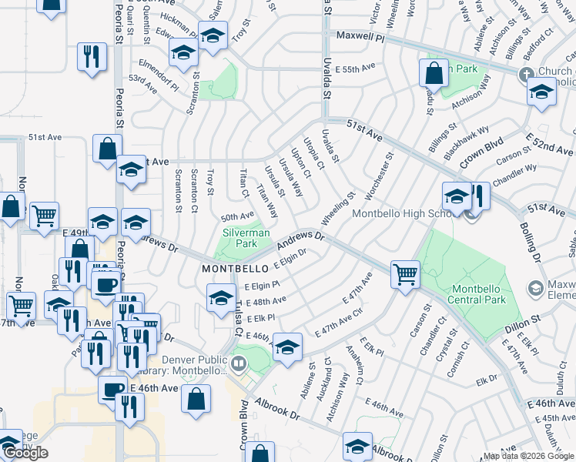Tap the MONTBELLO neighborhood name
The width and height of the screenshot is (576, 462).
point(234,269)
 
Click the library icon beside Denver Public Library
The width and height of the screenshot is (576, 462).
point(239,363)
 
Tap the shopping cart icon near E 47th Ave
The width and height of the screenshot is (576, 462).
point(405,273)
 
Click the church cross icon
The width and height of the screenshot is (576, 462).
point(527,75)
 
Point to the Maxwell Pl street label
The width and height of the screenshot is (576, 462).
point(358,36)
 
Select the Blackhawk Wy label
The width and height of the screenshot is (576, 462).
point(469,139)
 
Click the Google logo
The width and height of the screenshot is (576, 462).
point(25,453)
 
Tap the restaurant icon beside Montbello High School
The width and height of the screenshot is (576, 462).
point(479,196)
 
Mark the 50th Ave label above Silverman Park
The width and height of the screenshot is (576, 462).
point(237,216)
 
